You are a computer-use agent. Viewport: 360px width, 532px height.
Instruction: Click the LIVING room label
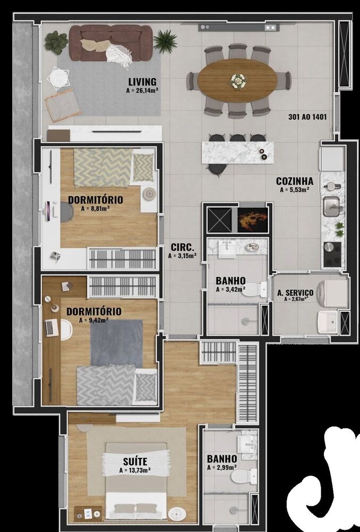tap(142, 82)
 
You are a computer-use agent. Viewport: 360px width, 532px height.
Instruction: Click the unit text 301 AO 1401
tap(307, 117)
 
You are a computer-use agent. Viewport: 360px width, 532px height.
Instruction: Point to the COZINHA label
tap(294, 181)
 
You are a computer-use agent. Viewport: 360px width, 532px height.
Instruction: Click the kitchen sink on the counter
tap(332, 206)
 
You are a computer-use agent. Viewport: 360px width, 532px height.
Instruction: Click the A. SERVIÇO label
tap(295, 293)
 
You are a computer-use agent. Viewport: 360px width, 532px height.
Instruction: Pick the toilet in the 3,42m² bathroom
tap(261, 289)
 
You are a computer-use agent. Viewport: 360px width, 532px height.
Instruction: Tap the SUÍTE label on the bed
tap(134, 461)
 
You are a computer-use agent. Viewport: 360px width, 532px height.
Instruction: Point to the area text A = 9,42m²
tap(94, 320)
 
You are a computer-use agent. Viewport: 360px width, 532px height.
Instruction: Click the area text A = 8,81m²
tap(95, 209)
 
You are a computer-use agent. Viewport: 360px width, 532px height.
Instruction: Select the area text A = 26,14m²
tap(142, 91)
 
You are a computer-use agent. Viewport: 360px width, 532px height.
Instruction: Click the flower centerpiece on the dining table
tap(238, 81)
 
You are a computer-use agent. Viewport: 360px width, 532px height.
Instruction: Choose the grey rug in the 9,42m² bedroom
tap(116, 343)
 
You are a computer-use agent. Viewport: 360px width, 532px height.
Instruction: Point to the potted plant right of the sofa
tap(166, 41)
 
